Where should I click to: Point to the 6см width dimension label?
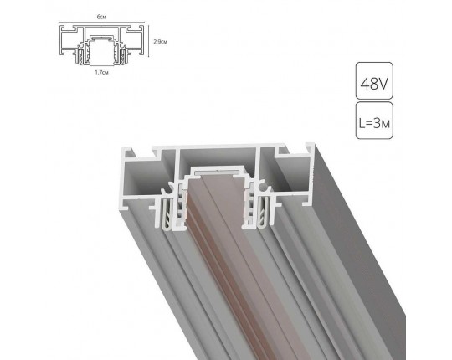point(100,15)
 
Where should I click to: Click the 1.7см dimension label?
point(100,73)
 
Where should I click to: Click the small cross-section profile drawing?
point(100,44)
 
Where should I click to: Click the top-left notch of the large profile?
point(155,152)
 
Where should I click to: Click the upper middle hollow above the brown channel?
point(218,159)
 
